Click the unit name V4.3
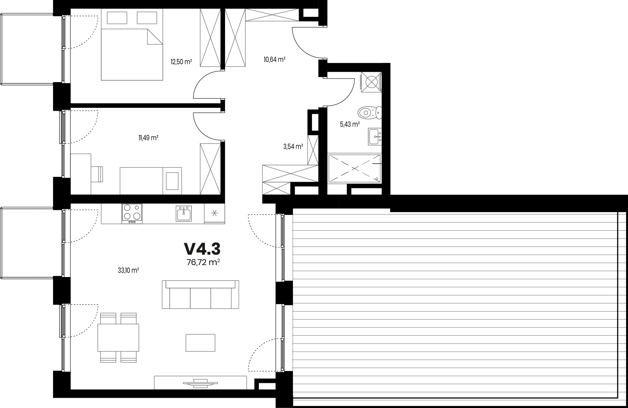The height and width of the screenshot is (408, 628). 202,249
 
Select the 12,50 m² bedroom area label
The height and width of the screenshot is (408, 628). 181,62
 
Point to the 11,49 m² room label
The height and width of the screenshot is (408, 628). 148,138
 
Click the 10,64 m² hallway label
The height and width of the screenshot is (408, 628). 275,59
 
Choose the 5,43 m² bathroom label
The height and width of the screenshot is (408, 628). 350,124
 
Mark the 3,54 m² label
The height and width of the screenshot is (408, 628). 293,146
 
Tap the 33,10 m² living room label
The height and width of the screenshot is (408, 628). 128,270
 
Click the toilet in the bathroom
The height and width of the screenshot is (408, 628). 370,113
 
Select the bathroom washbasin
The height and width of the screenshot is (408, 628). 375,137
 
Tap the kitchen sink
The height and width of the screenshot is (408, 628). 184,213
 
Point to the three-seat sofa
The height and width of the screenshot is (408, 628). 200,294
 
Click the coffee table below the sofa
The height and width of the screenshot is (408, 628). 200,342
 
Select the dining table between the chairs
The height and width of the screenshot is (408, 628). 118,338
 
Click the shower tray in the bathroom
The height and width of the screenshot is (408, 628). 354,168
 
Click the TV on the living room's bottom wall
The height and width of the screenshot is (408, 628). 200,383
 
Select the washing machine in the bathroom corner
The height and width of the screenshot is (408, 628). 371,82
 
